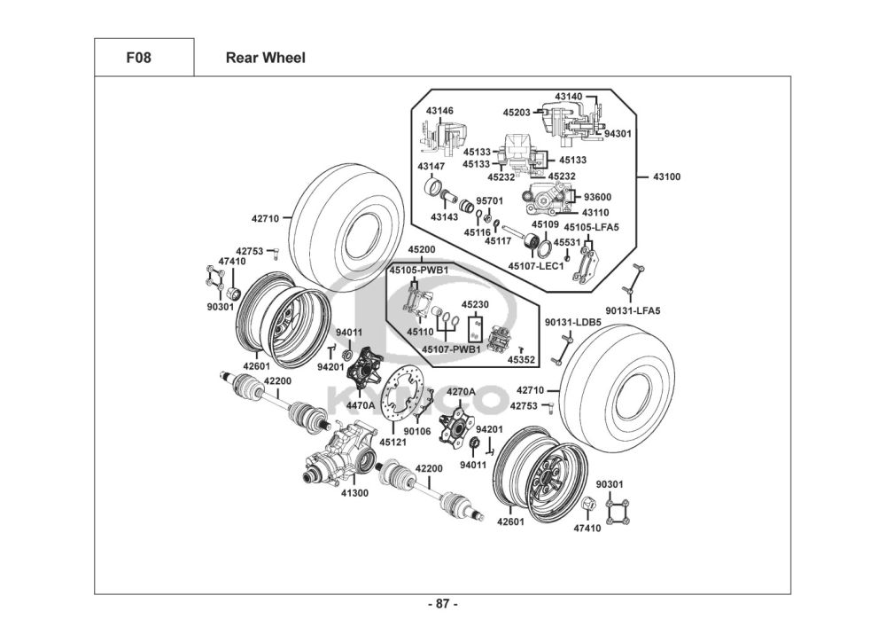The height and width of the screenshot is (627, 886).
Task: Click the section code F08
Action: point(144,58)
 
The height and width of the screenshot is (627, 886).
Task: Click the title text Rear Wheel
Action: point(265,58)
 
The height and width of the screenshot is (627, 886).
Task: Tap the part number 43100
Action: point(666,176)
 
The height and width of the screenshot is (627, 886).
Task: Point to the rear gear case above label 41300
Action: point(342,453)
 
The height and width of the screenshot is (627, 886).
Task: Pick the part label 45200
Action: point(421,250)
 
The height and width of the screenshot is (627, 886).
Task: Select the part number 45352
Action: point(521,360)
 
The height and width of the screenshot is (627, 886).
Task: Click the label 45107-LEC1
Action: point(536,266)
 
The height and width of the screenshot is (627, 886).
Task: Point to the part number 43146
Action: point(439,111)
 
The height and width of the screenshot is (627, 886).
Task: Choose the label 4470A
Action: point(361,405)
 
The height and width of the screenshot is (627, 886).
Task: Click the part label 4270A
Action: point(461,391)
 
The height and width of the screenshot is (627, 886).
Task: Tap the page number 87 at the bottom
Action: point(442,604)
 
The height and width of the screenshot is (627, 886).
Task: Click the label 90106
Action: point(417,431)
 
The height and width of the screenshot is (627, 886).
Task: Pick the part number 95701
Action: point(489,200)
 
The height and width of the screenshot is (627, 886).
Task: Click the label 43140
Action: point(569,95)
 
